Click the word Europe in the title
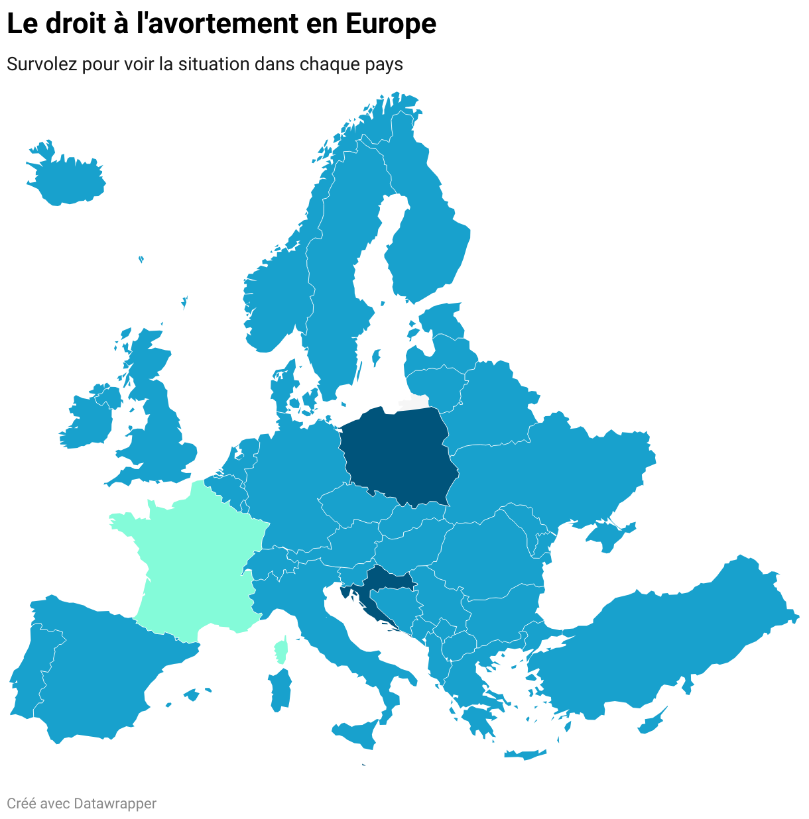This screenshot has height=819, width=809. pos(391,25)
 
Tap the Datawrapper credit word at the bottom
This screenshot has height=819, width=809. pos(115,804)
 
